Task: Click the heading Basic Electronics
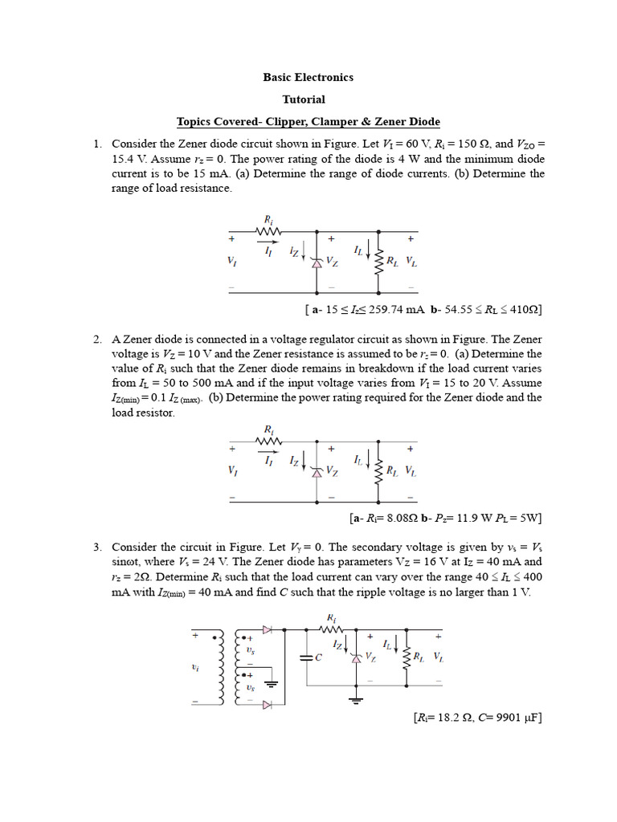[308, 78]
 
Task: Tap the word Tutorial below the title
[304, 100]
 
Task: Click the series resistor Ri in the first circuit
[268, 232]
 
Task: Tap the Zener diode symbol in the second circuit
[317, 472]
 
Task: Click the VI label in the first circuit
[231, 262]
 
